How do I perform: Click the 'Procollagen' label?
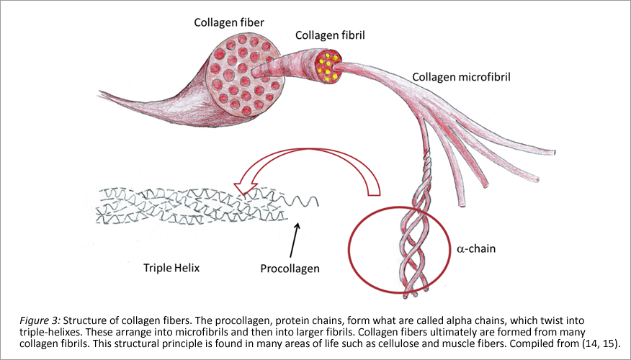(290, 268)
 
